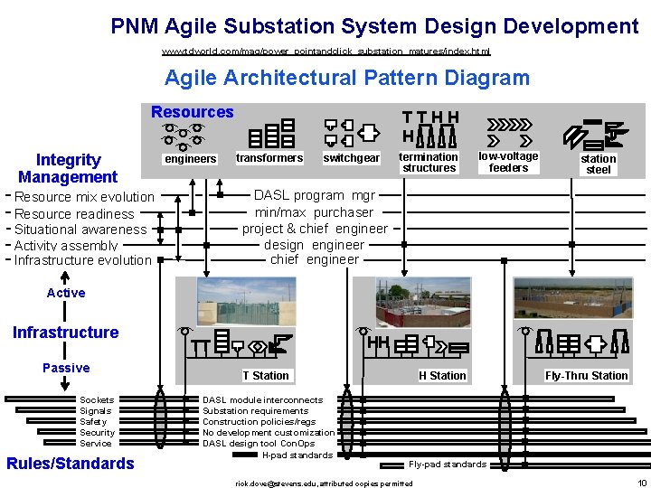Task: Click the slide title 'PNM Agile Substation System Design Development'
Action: pyautogui.click(x=374, y=26)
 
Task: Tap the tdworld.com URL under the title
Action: pyautogui.click(x=325, y=52)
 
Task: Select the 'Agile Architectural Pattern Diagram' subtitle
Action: pyautogui.click(x=347, y=78)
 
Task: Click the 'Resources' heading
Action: pyautogui.click(x=192, y=112)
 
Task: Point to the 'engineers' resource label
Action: pyautogui.click(x=190, y=159)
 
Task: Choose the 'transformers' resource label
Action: pyautogui.click(x=269, y=158)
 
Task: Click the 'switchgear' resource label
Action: pyautogui.click(x=351, y=159)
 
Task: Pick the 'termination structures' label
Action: pyautogui.click(x=429, y=163)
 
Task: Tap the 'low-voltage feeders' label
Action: pyautogui.click(x=508, y=162)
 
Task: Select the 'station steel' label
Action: pyautogui.click(x=599, y=164)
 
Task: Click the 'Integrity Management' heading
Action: pyautogui.click(x=68, y=168)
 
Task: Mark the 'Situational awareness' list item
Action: pyautogui.click(x=80, y=230)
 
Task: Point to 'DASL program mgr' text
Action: pyautogui.click(x=314, y=195)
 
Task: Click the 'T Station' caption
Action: pyautogui.click(x=266, y=376)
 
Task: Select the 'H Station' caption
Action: pyautogui.click(x=442, y=376)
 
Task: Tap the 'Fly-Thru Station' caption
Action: pyautogui.click(x=586, y=376)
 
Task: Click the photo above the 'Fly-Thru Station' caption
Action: pyautogui.click(x=573, y=298)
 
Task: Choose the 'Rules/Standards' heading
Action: pyautogui.click(x=71, y=464)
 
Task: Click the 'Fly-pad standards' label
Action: pyautogui.click(x=448, y=465)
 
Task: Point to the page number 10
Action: pyautogui.click(x=641, y=483)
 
